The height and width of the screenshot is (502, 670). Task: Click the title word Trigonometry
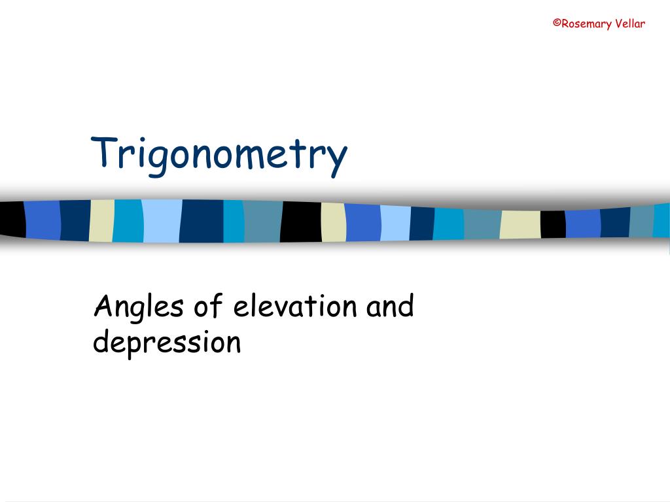coord(219,154)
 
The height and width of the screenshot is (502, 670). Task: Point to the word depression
coord(167,343)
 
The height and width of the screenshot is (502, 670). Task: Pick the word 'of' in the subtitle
coord(209,305)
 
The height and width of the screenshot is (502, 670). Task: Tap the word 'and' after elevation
coord(390,305)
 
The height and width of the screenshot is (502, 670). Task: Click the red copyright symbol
coord(556,24)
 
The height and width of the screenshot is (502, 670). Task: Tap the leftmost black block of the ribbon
coord(12,220)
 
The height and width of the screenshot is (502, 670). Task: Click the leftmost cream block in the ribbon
coord(101,221)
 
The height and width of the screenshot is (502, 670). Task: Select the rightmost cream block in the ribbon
coord(520,225)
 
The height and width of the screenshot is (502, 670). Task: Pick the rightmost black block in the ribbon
coord(553,224)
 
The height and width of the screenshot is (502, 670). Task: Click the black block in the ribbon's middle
coord(301,222)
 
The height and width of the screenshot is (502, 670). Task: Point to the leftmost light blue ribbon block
coord(162,221)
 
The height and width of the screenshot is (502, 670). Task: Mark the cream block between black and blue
coord(333,222)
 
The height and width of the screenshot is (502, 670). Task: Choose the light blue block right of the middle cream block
coord(395,223)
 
